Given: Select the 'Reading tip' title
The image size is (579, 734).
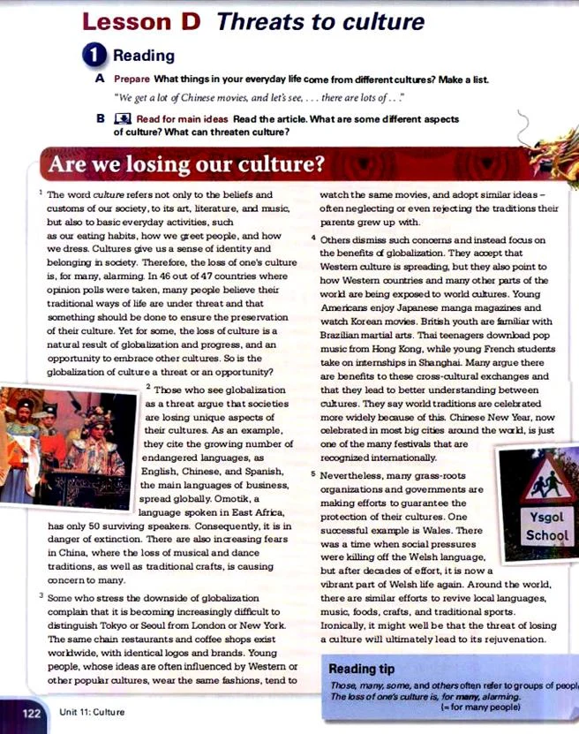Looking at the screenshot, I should [x=364, y=668].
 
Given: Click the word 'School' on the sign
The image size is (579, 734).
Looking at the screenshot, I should [x=546, y=535].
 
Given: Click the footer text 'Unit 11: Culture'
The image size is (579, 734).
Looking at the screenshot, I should [x=93, y=712].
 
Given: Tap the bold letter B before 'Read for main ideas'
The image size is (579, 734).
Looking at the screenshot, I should [x=100, y=117].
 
